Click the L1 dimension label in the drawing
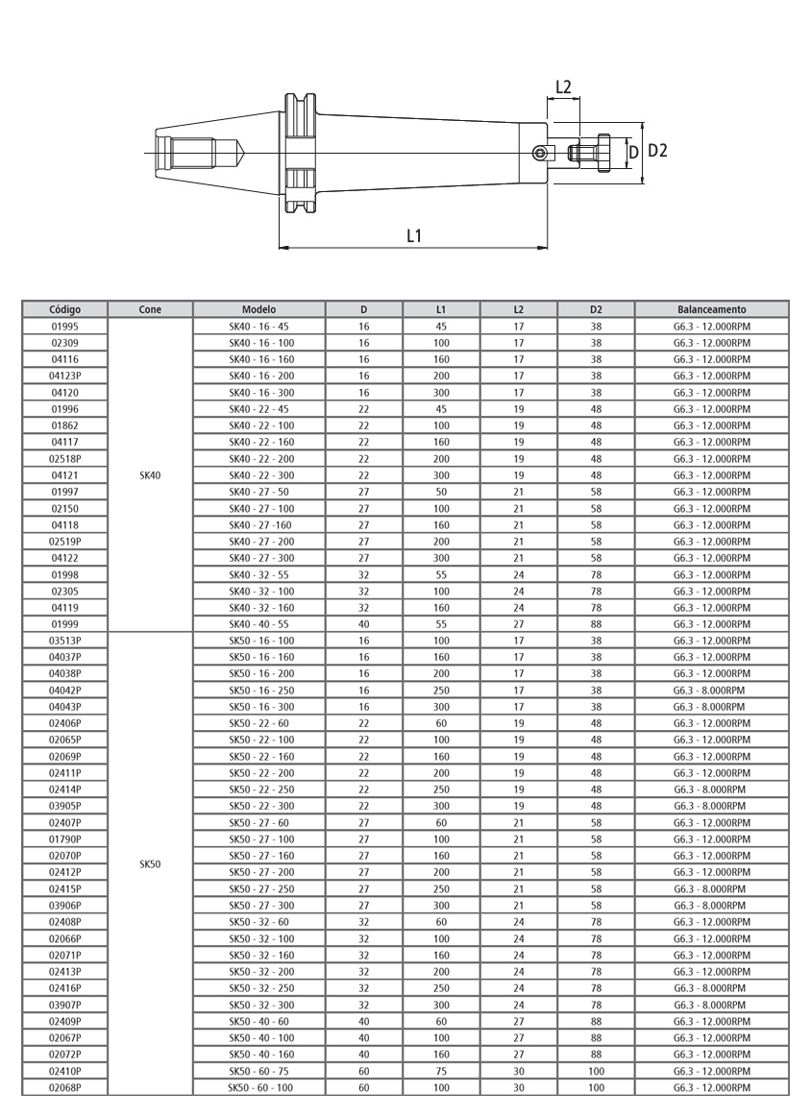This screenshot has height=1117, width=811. [414, 234]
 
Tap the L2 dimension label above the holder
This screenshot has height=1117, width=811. [563, 87]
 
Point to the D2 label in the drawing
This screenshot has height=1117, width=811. [657, 151]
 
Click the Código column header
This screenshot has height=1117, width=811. [64, 309]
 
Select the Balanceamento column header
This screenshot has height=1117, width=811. [711, 309]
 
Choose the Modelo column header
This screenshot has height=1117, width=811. [258, 309]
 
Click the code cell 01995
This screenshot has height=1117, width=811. [64, 327]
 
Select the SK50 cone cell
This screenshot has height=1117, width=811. [150, 863]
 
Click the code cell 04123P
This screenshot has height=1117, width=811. [64, 376]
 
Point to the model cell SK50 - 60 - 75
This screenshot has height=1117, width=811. [258, 1071]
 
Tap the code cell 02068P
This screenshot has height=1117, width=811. [64, 1087]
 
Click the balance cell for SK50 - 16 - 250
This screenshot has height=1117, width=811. [711, 690]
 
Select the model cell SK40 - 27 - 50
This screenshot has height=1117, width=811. [258, 492]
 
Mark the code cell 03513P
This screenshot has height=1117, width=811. [64, 641]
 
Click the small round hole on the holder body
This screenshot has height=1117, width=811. [541, 153]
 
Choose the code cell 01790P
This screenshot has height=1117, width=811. [64, 838]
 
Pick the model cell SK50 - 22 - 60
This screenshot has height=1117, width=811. [258, 723]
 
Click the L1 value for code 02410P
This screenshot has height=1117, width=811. [441, 1071]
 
